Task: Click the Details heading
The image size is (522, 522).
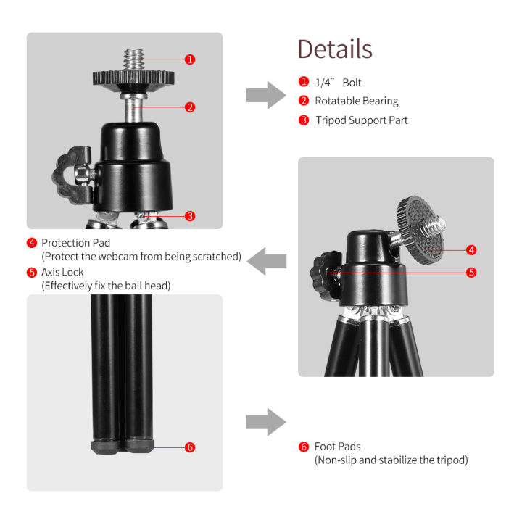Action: click(x=334, y=49)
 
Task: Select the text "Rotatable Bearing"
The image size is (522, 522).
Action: click(x=356, y=101)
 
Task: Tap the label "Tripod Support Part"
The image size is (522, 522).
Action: click(x=361, y=120)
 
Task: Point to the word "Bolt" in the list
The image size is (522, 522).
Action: click(x=352, y=83)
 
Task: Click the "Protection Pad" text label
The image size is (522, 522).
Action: click(x=75, y=243)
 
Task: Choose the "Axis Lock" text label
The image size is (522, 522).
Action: click(x=62, y=272)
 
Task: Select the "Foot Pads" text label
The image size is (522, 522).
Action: click(x=337, y=447)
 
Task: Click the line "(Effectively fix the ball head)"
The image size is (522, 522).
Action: click(x=106, y=286)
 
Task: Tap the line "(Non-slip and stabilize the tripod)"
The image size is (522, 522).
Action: click(x=391, y=460)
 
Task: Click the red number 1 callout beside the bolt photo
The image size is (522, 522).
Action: click(x=190, y=59)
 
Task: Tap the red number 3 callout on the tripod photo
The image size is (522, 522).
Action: click(x=190, y=215)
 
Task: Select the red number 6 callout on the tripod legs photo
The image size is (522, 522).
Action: click(x=190, y=447)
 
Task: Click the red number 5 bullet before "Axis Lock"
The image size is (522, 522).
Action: click(x=32, y=272)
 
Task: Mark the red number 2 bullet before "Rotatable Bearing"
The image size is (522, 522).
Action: click(x=303, y=101)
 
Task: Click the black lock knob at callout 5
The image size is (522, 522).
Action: click(x=320, y=273)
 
